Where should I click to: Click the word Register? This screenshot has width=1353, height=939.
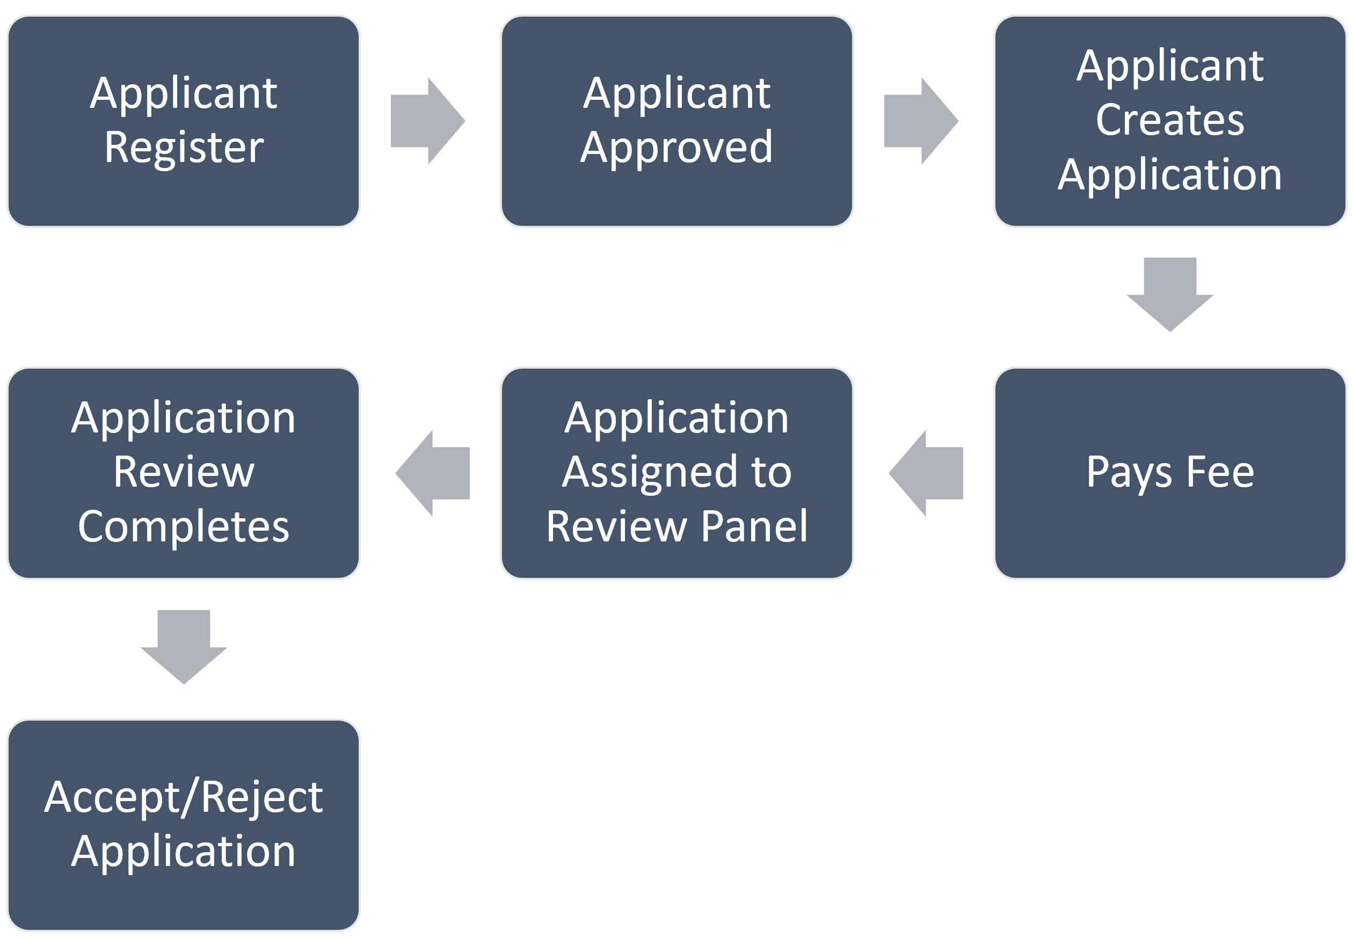coord(184,147)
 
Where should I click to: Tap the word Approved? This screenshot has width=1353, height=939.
coord(676,147)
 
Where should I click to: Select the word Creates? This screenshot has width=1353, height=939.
coord(1170,120)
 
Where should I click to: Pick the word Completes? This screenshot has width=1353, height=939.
coord(183,526)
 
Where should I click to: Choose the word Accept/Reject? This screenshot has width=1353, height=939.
coord(183,797)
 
